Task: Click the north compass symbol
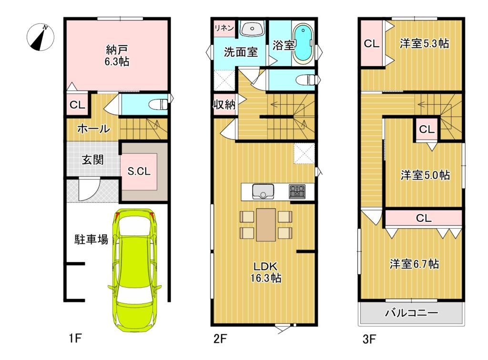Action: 40,37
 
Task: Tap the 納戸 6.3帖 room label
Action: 117,56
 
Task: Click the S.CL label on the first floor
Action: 139,171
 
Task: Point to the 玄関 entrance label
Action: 92,160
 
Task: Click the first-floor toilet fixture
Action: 158,104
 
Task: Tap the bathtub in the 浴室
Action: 304,42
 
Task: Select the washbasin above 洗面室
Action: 253,29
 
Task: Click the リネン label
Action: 224,28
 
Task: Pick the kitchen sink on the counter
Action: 263,191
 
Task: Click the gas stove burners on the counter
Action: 297,191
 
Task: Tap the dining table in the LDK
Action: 266,224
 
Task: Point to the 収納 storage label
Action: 224,105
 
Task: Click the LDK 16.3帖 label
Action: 266,272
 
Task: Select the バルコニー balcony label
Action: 411,312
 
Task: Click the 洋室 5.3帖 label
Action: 424,43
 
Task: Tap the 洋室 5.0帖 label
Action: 425,175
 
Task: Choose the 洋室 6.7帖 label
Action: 414,264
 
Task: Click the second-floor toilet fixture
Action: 308,80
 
